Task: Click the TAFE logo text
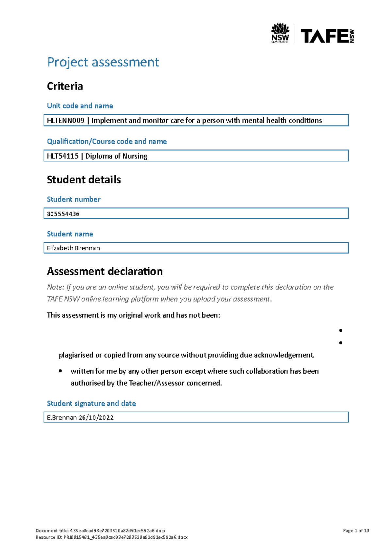tap(324, 36)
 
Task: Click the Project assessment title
tap(103, 62)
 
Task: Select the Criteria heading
tap(65, 86)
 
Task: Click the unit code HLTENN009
tap(65, 121)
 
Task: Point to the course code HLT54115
tap(62, 156)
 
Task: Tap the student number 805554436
tap(63, 214)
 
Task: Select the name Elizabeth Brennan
tap(73, 248)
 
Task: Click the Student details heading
tap(84, 180)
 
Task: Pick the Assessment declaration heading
tap(105, 271)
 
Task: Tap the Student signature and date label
tap(91, 404)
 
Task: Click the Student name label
tap(70, 234)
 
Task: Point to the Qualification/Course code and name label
tap(106, 142)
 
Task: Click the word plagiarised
tap(75, 355)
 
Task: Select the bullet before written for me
tap(60, 371)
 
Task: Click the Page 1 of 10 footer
tap(355, 530)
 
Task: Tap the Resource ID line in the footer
tap(111, 537)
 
